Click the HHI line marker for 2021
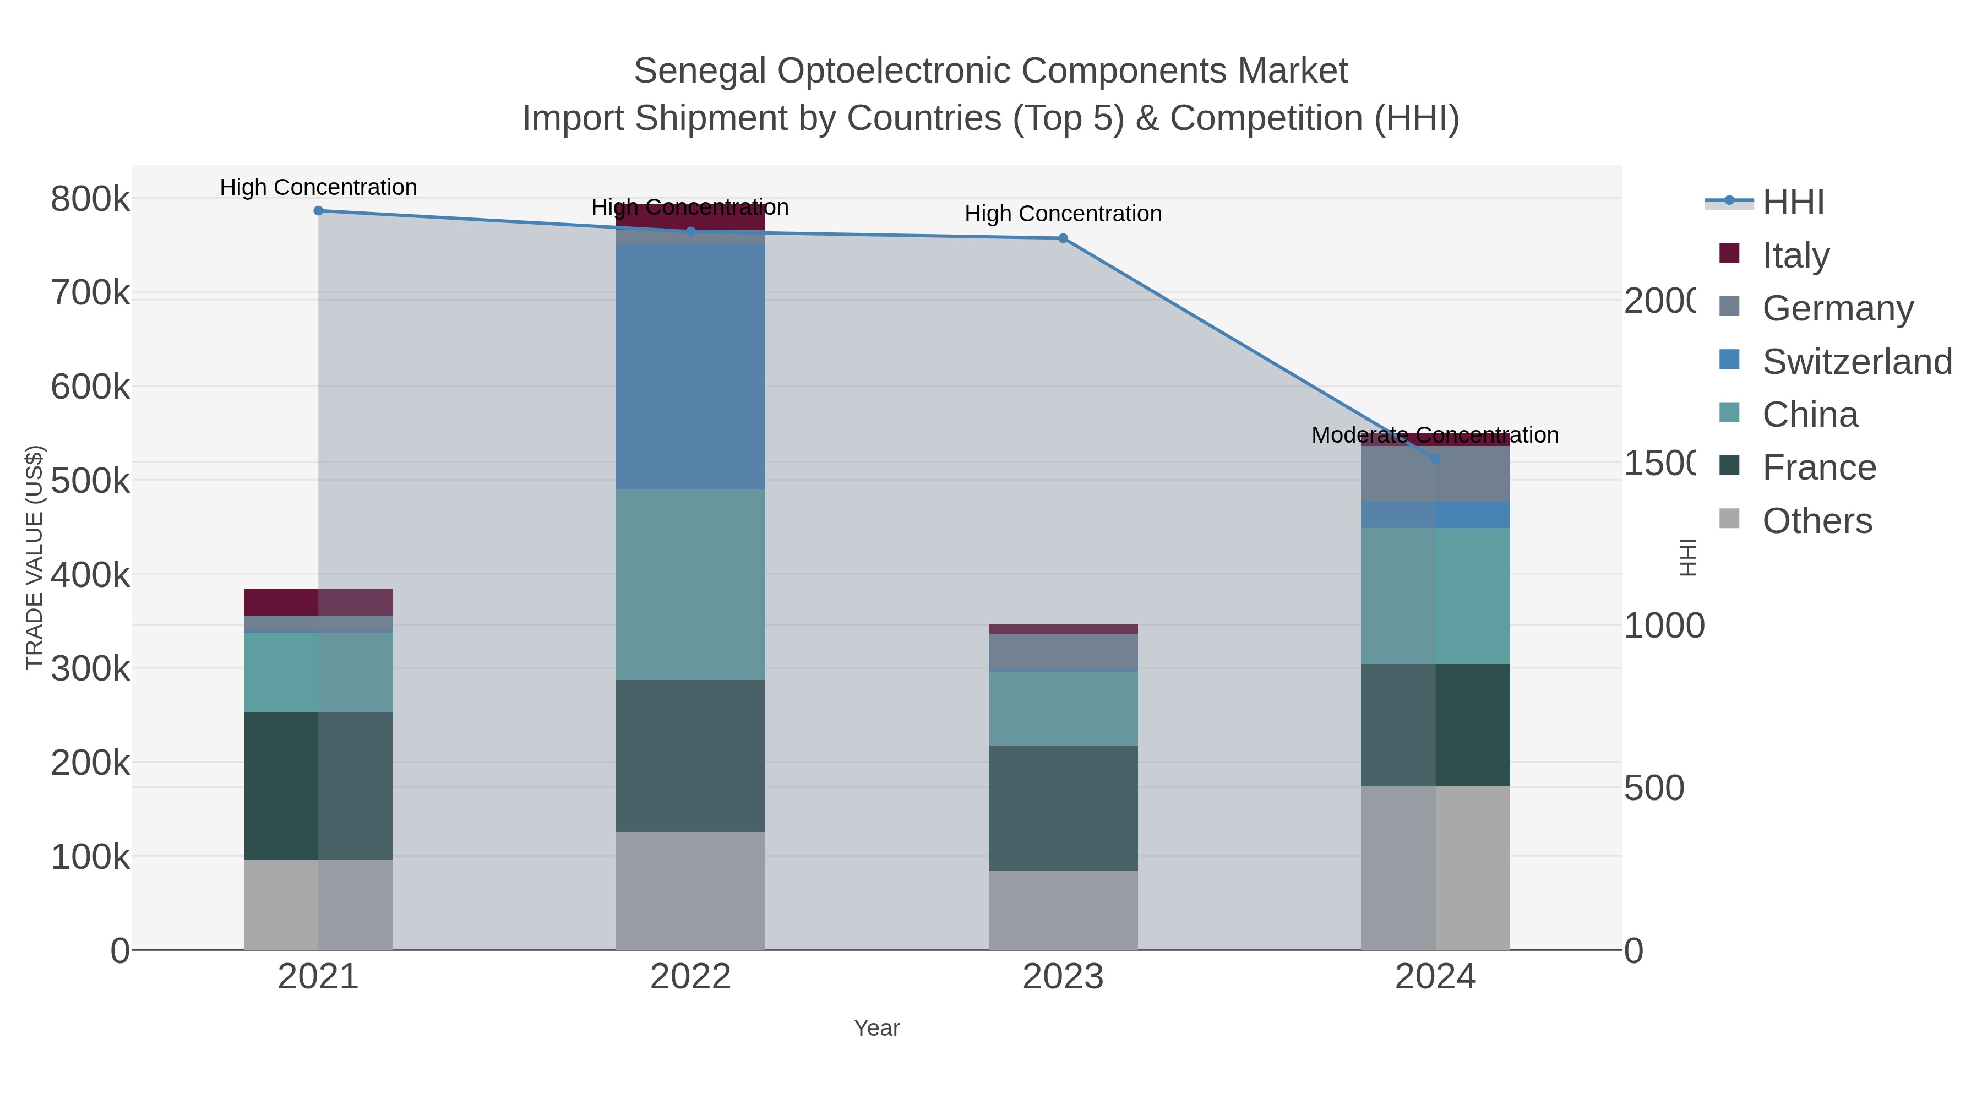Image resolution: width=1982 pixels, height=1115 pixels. (x=318, y=210)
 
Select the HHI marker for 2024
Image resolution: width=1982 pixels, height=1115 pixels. (x=1435, y=459)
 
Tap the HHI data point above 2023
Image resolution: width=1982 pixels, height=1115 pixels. (x=1063, y=238)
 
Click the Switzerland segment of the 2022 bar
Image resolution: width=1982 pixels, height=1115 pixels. (x=690, y=366)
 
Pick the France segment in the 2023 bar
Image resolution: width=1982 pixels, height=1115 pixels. (x=1063, y=807)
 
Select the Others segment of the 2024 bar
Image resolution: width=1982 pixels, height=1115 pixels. (x=1435, y=867)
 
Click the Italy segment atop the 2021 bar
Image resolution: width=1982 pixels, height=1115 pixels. (x=318, y=602)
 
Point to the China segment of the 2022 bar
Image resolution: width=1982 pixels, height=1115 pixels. (x=690, y=584)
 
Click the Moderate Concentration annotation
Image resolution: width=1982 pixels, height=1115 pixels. (x=1435, y=435)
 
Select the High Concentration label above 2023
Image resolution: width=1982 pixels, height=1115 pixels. (x=1063, y=214)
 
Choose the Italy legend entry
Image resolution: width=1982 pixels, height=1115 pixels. (x=1795, y=255)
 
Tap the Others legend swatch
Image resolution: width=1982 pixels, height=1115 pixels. (x=1729, y=519)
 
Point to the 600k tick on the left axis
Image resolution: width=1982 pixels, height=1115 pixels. (x=90, y=387)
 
